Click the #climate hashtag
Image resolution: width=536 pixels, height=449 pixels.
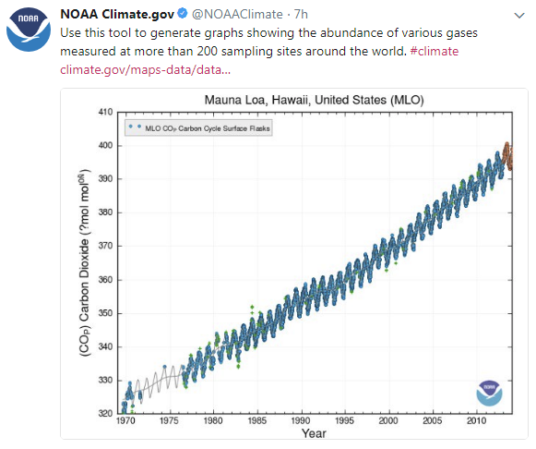click(433, 51)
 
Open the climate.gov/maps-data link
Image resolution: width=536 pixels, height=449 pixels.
click(145, 69)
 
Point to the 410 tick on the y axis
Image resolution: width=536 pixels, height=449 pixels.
click(104, 112)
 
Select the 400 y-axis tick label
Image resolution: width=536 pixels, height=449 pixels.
click(104, 145)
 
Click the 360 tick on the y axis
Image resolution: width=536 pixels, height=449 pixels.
click(104, 280)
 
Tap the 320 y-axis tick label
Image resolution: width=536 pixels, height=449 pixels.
click(104, 414)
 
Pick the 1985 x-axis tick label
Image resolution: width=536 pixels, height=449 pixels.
click(256, 421)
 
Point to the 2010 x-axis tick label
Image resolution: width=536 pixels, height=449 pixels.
click(475, 421)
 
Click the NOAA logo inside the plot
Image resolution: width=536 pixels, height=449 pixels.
click(489, 393)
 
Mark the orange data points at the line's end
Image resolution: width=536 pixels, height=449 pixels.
click(506, 152)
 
